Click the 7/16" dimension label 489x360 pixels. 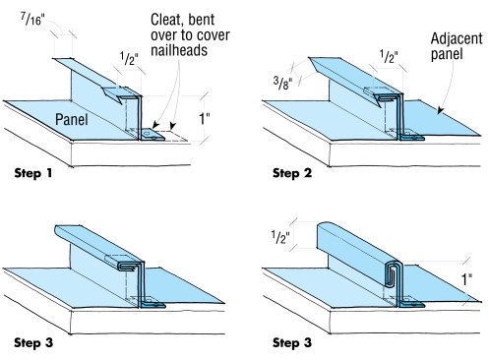click(32, 20)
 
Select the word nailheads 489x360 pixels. click(179, 50)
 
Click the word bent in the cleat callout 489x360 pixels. click(202, 20)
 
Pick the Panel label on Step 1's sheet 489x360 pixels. click(72, 119)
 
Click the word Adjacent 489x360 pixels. click(457, 38)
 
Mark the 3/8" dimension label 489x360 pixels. click(282, 84)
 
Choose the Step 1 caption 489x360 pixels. click(33, 173)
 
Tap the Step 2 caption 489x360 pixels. click(292, 173)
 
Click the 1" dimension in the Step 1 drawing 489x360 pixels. click(205, 119)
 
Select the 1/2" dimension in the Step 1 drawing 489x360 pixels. click(129, 59)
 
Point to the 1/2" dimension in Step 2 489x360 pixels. click(389, 56)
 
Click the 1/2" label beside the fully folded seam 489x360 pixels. click(280, 237)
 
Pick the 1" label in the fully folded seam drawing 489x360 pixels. click(466, 279)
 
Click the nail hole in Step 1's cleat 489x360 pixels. click(147, 134)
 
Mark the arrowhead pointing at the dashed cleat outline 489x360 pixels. click(173, 126)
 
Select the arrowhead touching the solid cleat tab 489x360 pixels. click(155, 125)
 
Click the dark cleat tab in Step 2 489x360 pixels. click(412, 136)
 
